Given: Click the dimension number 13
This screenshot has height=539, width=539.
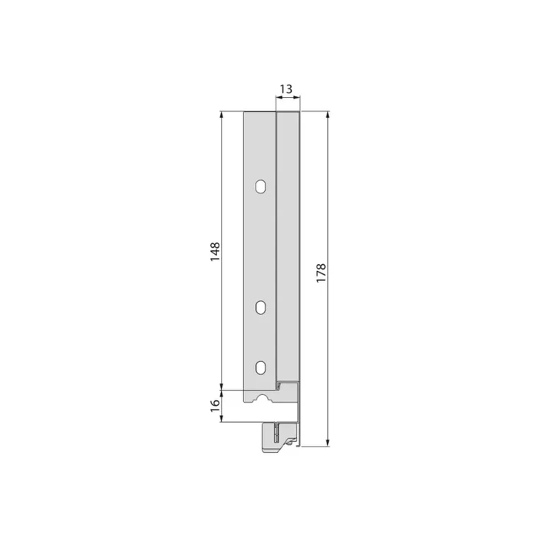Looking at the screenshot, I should (286, 89).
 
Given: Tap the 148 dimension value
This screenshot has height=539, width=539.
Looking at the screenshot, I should (215, 251).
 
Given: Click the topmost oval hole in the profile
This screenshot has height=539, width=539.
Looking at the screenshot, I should (261, 186).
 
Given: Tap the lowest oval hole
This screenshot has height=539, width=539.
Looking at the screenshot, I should (261, 367).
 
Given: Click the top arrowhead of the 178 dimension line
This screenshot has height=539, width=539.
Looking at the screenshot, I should (329, 115).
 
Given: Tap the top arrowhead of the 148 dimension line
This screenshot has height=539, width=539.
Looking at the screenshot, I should (222, 115).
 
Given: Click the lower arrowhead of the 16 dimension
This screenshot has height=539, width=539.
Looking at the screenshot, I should (222, 418).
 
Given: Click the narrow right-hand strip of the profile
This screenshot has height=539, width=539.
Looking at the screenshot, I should (288, 246).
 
